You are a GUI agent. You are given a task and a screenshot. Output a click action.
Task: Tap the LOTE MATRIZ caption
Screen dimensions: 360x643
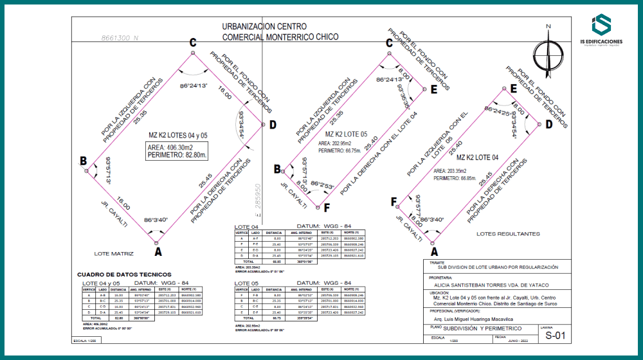(114, 253)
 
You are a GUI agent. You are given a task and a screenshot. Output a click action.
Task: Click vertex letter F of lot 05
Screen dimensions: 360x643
(327, 208)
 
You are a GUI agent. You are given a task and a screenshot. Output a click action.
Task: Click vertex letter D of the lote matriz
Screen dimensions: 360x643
(273, 124)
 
